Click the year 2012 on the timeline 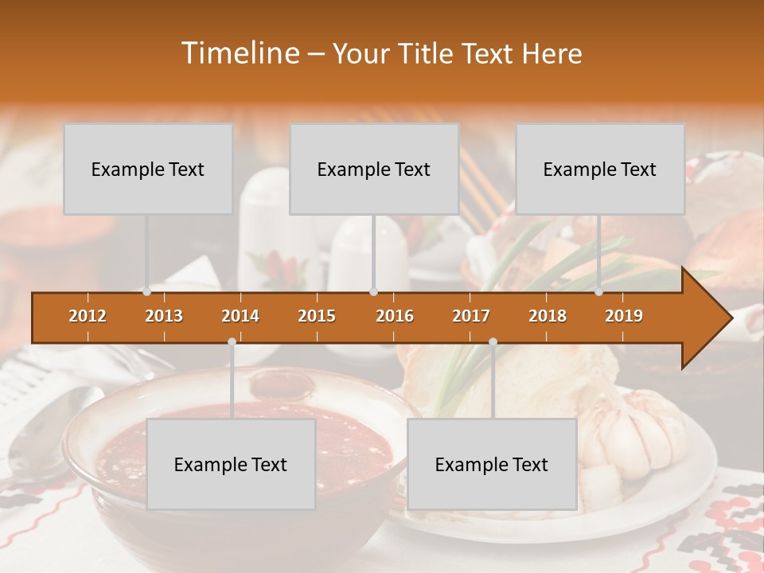click(x=88, y=316)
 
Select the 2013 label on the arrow click(x=164, y=316)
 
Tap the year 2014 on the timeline click(x=240, y=316)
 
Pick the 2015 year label click(x=317, y=316)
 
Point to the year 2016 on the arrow click(x=395, y=316)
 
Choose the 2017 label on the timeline click(x=471, y=316)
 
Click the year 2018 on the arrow click(x=548, y=316)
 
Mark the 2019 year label click(x=624, y=316)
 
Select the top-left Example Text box click(x=148, y=169)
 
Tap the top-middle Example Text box click(x=374, y=169)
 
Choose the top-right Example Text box click(x=600, y=169)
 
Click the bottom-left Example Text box click(x=231, y=464)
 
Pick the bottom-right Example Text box click(x=492, y=464)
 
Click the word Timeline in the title click(x=239, y=53)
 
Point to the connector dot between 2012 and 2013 click(x=146, y=292)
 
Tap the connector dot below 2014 click(x=232, y=342)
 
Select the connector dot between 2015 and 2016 click(x=373, y=292)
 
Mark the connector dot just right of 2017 click(x=493, y=342)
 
